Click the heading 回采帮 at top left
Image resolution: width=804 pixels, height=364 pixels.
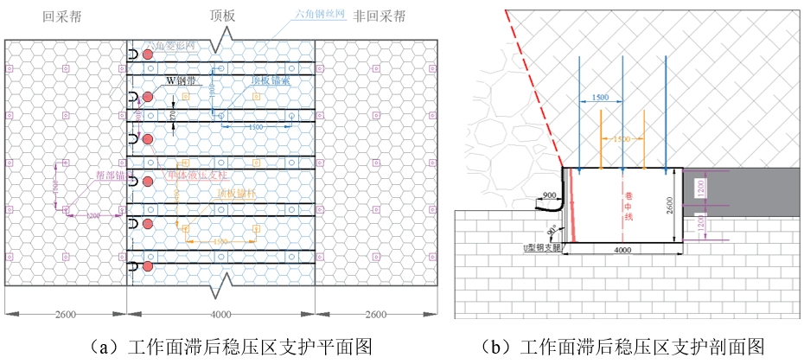[x=63, y=16]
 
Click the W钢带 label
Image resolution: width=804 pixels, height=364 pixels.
[x=182, y=80]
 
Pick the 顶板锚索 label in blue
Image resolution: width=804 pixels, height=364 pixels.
[x=271, y=81]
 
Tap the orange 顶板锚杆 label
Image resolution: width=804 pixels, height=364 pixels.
[x=238, y=195]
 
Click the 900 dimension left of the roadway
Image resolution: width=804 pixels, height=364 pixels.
[x=549, y=195]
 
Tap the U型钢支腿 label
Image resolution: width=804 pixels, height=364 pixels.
[x=537, y=246]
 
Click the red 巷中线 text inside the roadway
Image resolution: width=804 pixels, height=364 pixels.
[x=616, y=208]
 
